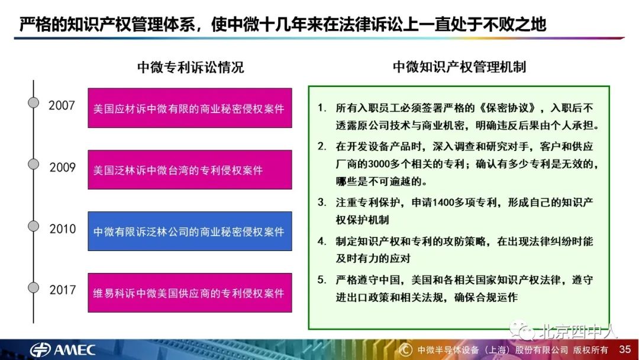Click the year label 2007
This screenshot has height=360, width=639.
click(x=62, y=105)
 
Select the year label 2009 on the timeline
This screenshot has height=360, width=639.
click(x=62, y=168)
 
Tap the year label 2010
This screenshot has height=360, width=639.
click(x=62, y=229)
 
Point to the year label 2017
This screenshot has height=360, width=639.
click(x=62, y=290)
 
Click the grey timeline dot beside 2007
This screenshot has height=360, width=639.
click(x=34, y=102)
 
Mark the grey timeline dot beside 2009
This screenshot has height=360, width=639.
click(x=34, y=164)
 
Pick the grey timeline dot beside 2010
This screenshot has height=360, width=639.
click(x=34, y=226)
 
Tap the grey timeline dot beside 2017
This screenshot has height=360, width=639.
click(x=34, y=287)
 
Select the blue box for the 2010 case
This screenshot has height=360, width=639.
click(x=189, y=231)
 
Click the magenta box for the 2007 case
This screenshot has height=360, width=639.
click(x=189, y=108)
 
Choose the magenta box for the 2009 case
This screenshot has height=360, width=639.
click(x=189, y=169)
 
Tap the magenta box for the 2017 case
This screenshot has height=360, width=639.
click(x=189, y=292)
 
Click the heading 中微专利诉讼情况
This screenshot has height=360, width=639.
click(x=191, y=67)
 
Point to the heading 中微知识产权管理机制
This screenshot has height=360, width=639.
click(x=459, y=67)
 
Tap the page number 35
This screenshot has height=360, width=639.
click(x=625, y=349)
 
